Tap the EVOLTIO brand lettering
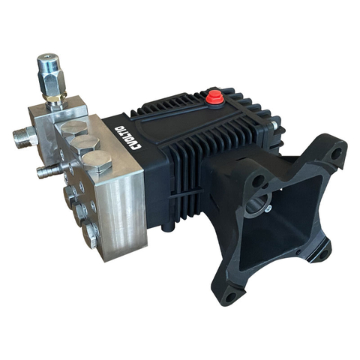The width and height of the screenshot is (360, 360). click(x=137, y=139)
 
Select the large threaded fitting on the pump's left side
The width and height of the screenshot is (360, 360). click(x=23, y=136)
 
